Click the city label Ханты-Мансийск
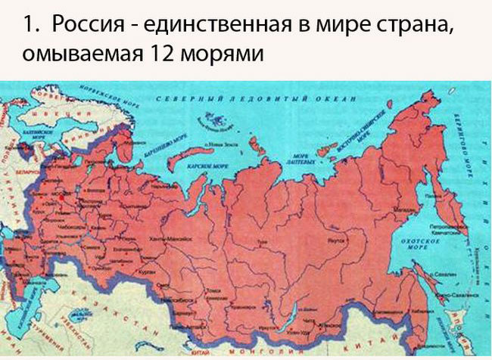point(167,238)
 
